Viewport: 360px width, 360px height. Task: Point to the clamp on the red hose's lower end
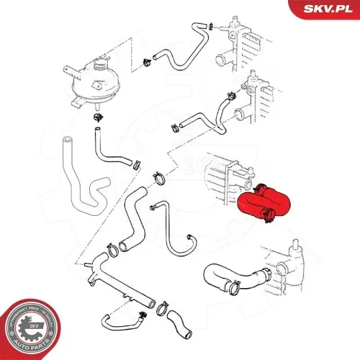tap(267, 212)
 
